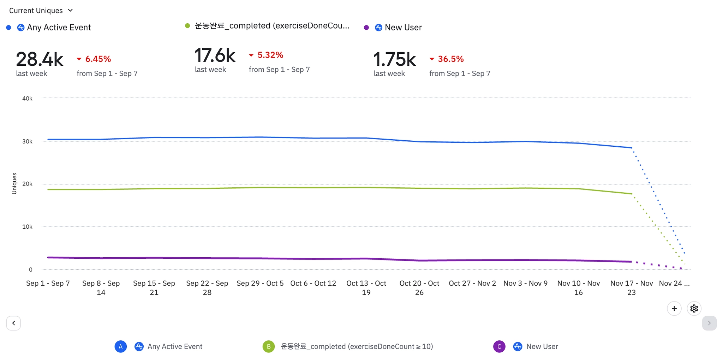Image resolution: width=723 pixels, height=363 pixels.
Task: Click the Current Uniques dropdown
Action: (41, 11)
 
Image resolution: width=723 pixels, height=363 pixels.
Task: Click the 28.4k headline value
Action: (40, 59)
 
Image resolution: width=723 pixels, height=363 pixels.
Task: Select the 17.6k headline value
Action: (215, 55)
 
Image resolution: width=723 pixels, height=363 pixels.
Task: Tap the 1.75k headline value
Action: (395, 59)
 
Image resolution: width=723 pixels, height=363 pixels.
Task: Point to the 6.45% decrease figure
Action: (98, 59)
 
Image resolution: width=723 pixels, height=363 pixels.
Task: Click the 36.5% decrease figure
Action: (450, 59)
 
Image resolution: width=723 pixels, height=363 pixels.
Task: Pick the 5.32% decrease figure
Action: (270, 55)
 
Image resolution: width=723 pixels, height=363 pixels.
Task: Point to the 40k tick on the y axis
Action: (27, 99)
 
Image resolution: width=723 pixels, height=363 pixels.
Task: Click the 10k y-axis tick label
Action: (27, 227)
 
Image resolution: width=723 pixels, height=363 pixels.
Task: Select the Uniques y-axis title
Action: (14, 183)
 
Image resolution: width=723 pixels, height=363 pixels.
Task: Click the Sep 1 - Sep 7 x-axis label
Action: (48, 283)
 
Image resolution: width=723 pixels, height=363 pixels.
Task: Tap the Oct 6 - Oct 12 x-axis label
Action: (313, 283)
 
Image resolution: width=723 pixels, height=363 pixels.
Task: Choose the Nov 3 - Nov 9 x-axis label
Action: (525, 283)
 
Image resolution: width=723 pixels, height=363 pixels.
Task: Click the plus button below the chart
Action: (674, 309)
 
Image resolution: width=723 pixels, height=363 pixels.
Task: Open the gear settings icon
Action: (694, 309)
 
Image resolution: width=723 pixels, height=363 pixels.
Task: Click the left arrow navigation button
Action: (13, 323)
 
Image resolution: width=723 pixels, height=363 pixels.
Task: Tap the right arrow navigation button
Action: (709, 323)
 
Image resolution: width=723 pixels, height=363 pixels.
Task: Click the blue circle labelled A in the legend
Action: (121, 347)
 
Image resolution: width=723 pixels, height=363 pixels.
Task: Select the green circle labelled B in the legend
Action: (269, 347)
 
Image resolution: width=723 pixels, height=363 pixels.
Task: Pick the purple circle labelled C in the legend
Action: (499, 347)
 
